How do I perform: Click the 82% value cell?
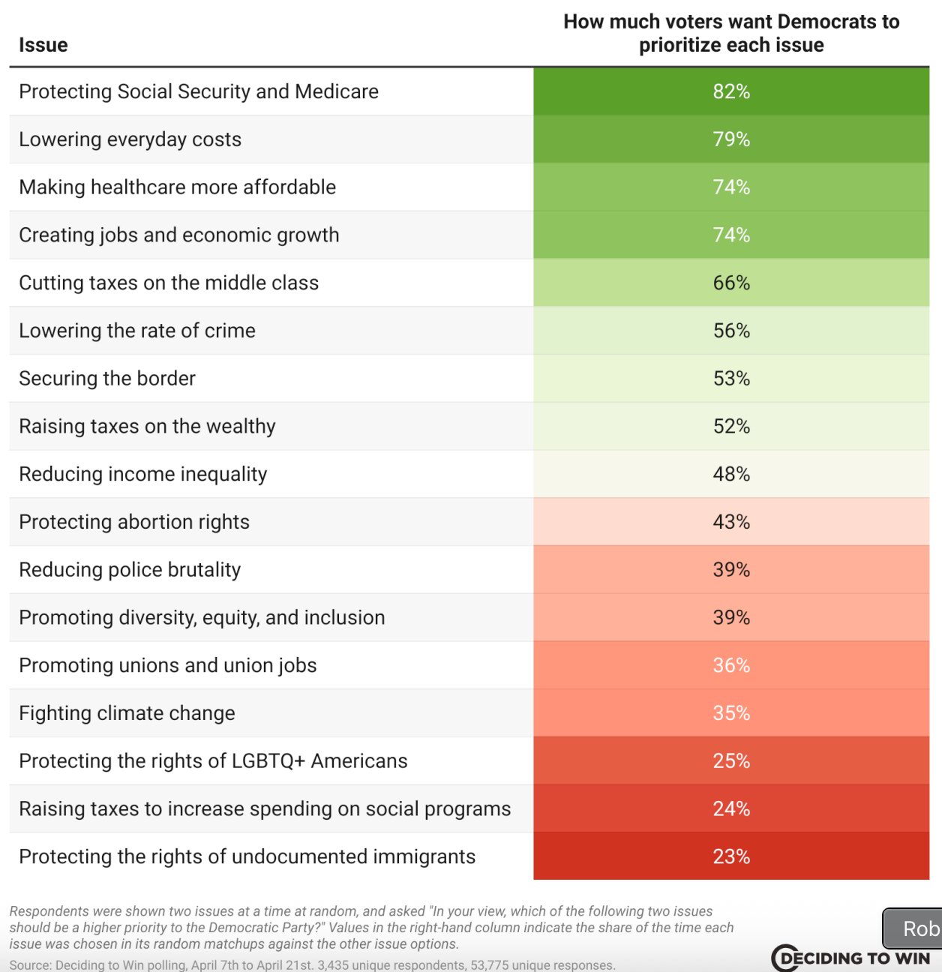click(x=731, y=91)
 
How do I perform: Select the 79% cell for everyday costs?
click(x=731, y=139)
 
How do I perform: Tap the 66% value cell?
click(x=731, y=283)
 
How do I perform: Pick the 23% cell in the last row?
click(x=731, y=856)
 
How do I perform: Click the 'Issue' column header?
click(x=43, y=45)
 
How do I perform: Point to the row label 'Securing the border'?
click(x=107, y=379)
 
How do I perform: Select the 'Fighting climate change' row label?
click(x=127, y=713)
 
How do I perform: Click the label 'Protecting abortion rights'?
click(x=134, y=522)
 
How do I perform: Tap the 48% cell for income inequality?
click(x=731, y=474)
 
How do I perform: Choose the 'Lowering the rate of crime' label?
click(x=137, y=331)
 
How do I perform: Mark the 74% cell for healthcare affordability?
click(x=731, y=187)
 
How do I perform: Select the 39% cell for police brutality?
click(x=731, y=570)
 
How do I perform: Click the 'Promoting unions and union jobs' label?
click(x=168, y=665)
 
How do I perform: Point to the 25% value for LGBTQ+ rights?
click(x=731, y=761)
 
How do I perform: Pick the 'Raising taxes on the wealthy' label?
click(x=147, y=426)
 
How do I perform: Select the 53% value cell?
click(x=731, y=379)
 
